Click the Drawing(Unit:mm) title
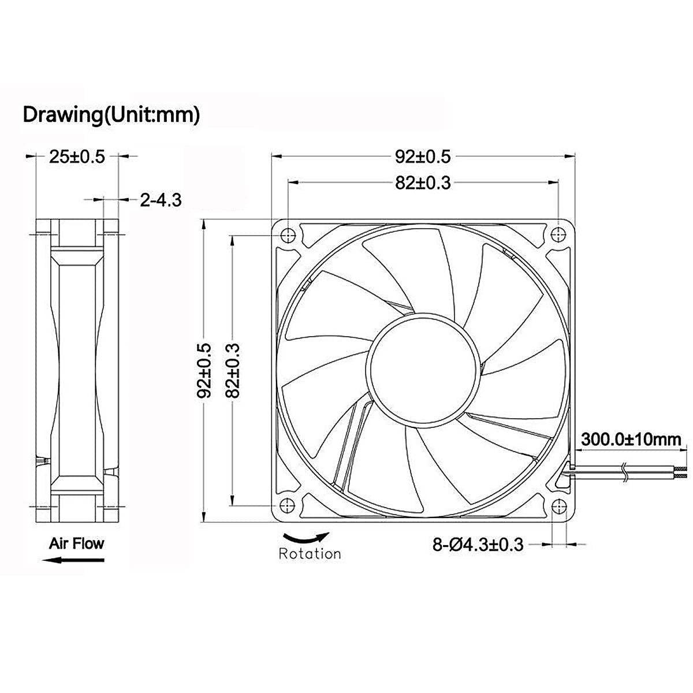click(111, 114)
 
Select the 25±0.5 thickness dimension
click(77, 156)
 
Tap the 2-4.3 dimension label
click(161, 200)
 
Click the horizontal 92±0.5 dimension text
click(423, 156)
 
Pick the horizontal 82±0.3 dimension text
click(423, 182)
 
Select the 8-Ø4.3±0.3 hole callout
click(478, 544)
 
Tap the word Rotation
click(310, 554)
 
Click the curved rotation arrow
click(305, 538)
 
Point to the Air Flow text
click(76, 543)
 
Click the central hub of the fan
click(423, 370)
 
